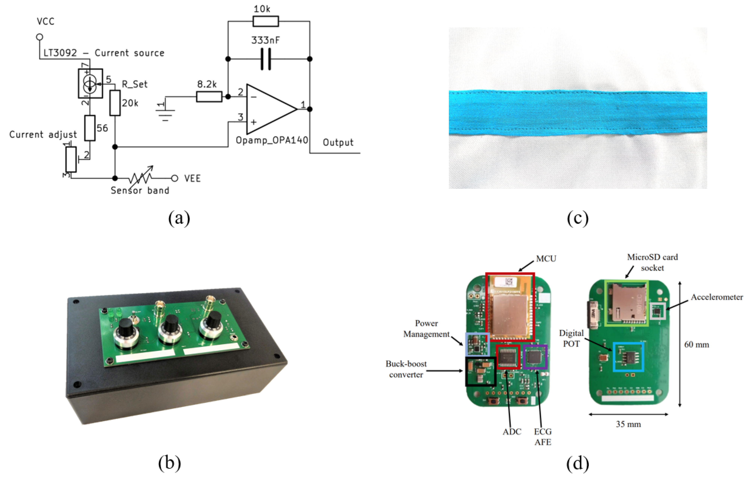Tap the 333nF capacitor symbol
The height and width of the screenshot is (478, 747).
coord(265,59)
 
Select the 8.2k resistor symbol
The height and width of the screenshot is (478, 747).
coord(209,97)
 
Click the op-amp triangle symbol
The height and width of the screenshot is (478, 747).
coord(270,109)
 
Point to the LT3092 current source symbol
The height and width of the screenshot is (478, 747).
coord(90,83)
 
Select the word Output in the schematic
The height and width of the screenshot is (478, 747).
coord(338,143)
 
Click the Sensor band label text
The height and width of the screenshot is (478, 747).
coord(140,190)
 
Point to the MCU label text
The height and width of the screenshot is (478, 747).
coord(546,259)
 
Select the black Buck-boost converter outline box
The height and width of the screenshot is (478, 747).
coord(480,371)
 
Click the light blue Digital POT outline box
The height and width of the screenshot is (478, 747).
coord(628,357)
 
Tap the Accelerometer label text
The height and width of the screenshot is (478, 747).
coord(717,297)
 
